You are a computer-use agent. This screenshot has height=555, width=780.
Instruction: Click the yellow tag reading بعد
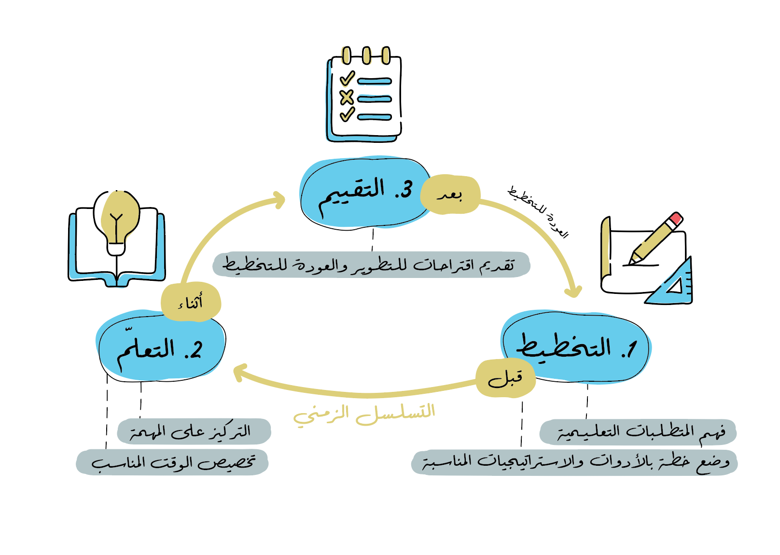tap(450, 195)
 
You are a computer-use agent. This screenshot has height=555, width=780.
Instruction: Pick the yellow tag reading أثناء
tap(191, 302)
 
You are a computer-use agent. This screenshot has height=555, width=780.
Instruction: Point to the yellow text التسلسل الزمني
tap(364, 414)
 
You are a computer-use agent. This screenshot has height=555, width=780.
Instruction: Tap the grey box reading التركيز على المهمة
tap(194, 431)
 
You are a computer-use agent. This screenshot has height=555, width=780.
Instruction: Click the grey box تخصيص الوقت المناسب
tap(172, 462)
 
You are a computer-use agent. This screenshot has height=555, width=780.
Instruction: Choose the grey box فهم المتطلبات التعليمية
tap(638, 431)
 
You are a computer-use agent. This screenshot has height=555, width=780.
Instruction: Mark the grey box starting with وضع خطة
tap(574, 462)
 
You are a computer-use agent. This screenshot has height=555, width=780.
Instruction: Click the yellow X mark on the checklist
tap(347, 97)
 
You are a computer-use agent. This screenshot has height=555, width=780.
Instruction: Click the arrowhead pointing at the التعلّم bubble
tap(239, 374)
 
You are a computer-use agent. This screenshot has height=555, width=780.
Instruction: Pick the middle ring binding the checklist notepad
tap(366, 55)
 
